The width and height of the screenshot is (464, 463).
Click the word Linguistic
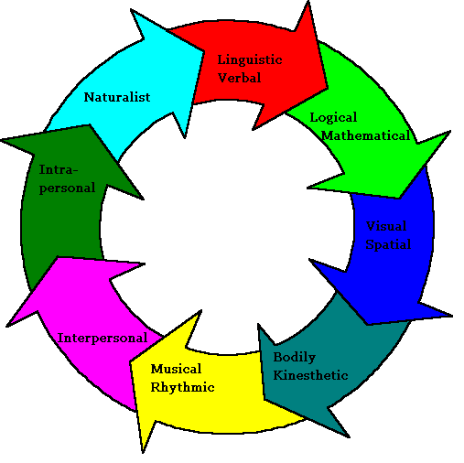pos(250,60)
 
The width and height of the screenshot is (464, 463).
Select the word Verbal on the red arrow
pos(240,78)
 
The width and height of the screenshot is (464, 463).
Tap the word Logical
pos(333,118)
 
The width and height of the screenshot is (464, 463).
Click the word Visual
pos(386,226)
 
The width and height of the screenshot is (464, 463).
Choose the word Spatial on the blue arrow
pos(388,244)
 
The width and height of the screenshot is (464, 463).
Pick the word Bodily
pos(295,358)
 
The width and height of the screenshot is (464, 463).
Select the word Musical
pos(176,369)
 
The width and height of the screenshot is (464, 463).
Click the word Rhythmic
pos(182,387)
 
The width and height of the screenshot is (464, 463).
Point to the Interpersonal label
pos(103,338)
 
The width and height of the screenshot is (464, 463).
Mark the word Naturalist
pos(117,96)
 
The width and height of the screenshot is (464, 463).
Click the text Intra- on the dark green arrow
pos(59,169)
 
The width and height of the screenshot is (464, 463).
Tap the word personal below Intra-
pos(67,188)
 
